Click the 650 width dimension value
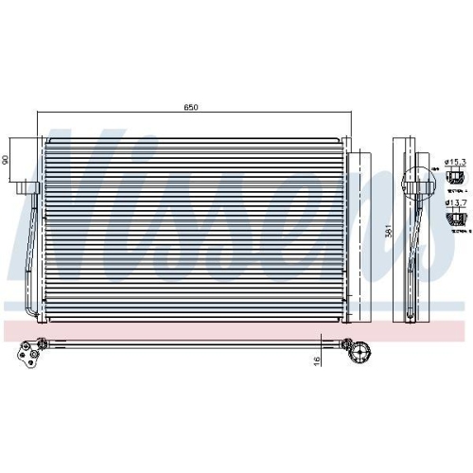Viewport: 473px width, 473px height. coord(190,108)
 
